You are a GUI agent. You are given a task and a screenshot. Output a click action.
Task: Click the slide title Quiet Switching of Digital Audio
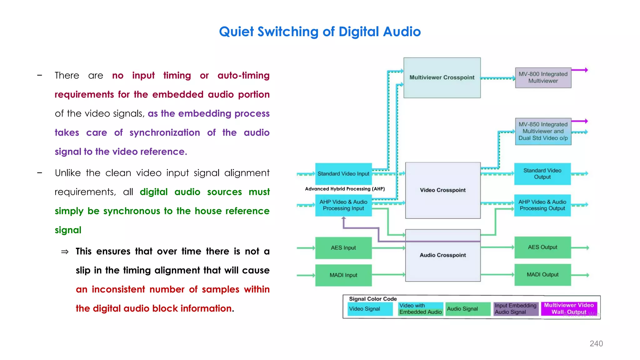(x=320, y=32)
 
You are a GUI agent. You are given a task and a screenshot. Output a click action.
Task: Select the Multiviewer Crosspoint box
(x=442, y=77)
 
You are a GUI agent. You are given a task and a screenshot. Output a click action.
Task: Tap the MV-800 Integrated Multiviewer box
(x=543, y=77)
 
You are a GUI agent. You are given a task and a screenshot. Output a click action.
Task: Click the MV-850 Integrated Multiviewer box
(x=543, y=131)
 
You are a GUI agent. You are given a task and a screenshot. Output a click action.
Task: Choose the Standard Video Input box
(x=343, y=174)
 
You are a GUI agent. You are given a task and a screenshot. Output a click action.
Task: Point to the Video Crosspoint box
(x=442, y=190)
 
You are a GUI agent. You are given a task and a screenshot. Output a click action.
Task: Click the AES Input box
(x=343, y=248)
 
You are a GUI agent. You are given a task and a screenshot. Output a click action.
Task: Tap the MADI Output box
(x=542, y=275)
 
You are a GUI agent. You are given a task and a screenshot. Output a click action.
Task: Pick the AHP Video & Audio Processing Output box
(x=542, y=205)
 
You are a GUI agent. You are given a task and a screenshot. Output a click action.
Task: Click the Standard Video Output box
(x=542, y=174)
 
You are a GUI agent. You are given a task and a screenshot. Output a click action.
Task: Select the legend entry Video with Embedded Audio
(x=420, y=309)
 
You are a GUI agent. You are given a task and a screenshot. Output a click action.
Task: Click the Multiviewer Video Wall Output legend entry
(x=569, y=308)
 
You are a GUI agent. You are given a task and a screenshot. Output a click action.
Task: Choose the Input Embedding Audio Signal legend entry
(x=515, y=309)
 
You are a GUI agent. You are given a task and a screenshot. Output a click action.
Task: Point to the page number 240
(x=596, y=343)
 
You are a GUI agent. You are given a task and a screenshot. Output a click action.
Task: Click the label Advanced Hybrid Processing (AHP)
(x=345, y=189)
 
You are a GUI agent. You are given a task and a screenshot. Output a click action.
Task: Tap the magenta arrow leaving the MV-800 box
(x=580, y=70)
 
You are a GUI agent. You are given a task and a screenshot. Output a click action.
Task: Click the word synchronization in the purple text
(x=164, y=132)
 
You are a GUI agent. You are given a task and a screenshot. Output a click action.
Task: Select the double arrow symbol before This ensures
(x=65, y=252)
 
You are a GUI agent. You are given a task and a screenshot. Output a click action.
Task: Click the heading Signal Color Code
(x=372, y=299)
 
